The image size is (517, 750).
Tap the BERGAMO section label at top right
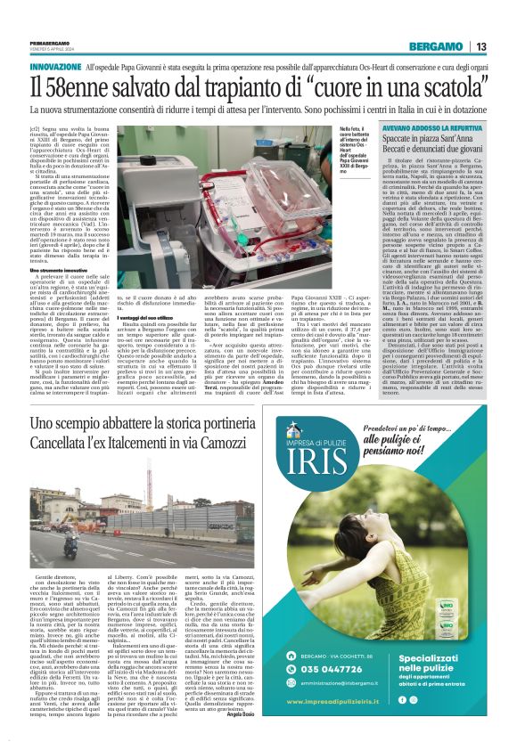(x=436, y=46)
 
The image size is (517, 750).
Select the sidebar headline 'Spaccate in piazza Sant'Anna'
(x=433, y=141)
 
